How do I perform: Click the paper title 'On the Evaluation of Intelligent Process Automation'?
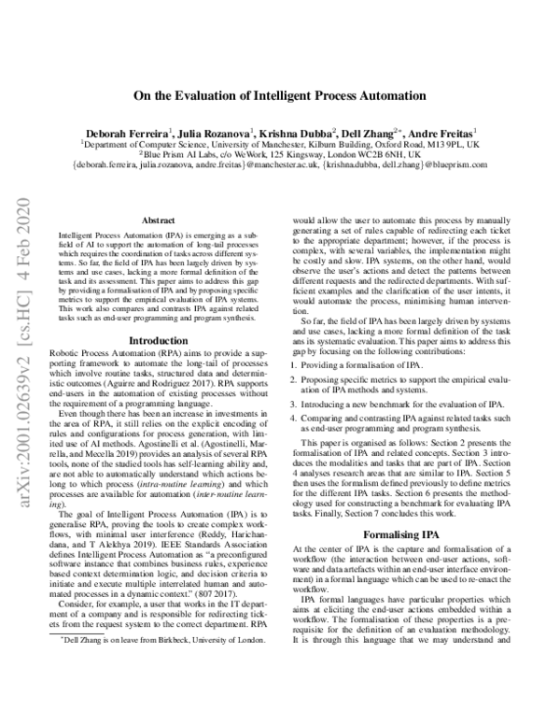[280, 95]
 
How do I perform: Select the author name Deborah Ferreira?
[119, 134]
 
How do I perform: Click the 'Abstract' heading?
[157, 220]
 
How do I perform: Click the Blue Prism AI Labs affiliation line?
[280, 156]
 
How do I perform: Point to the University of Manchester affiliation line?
[280, 146]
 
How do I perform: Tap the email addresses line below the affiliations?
[280, 167]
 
